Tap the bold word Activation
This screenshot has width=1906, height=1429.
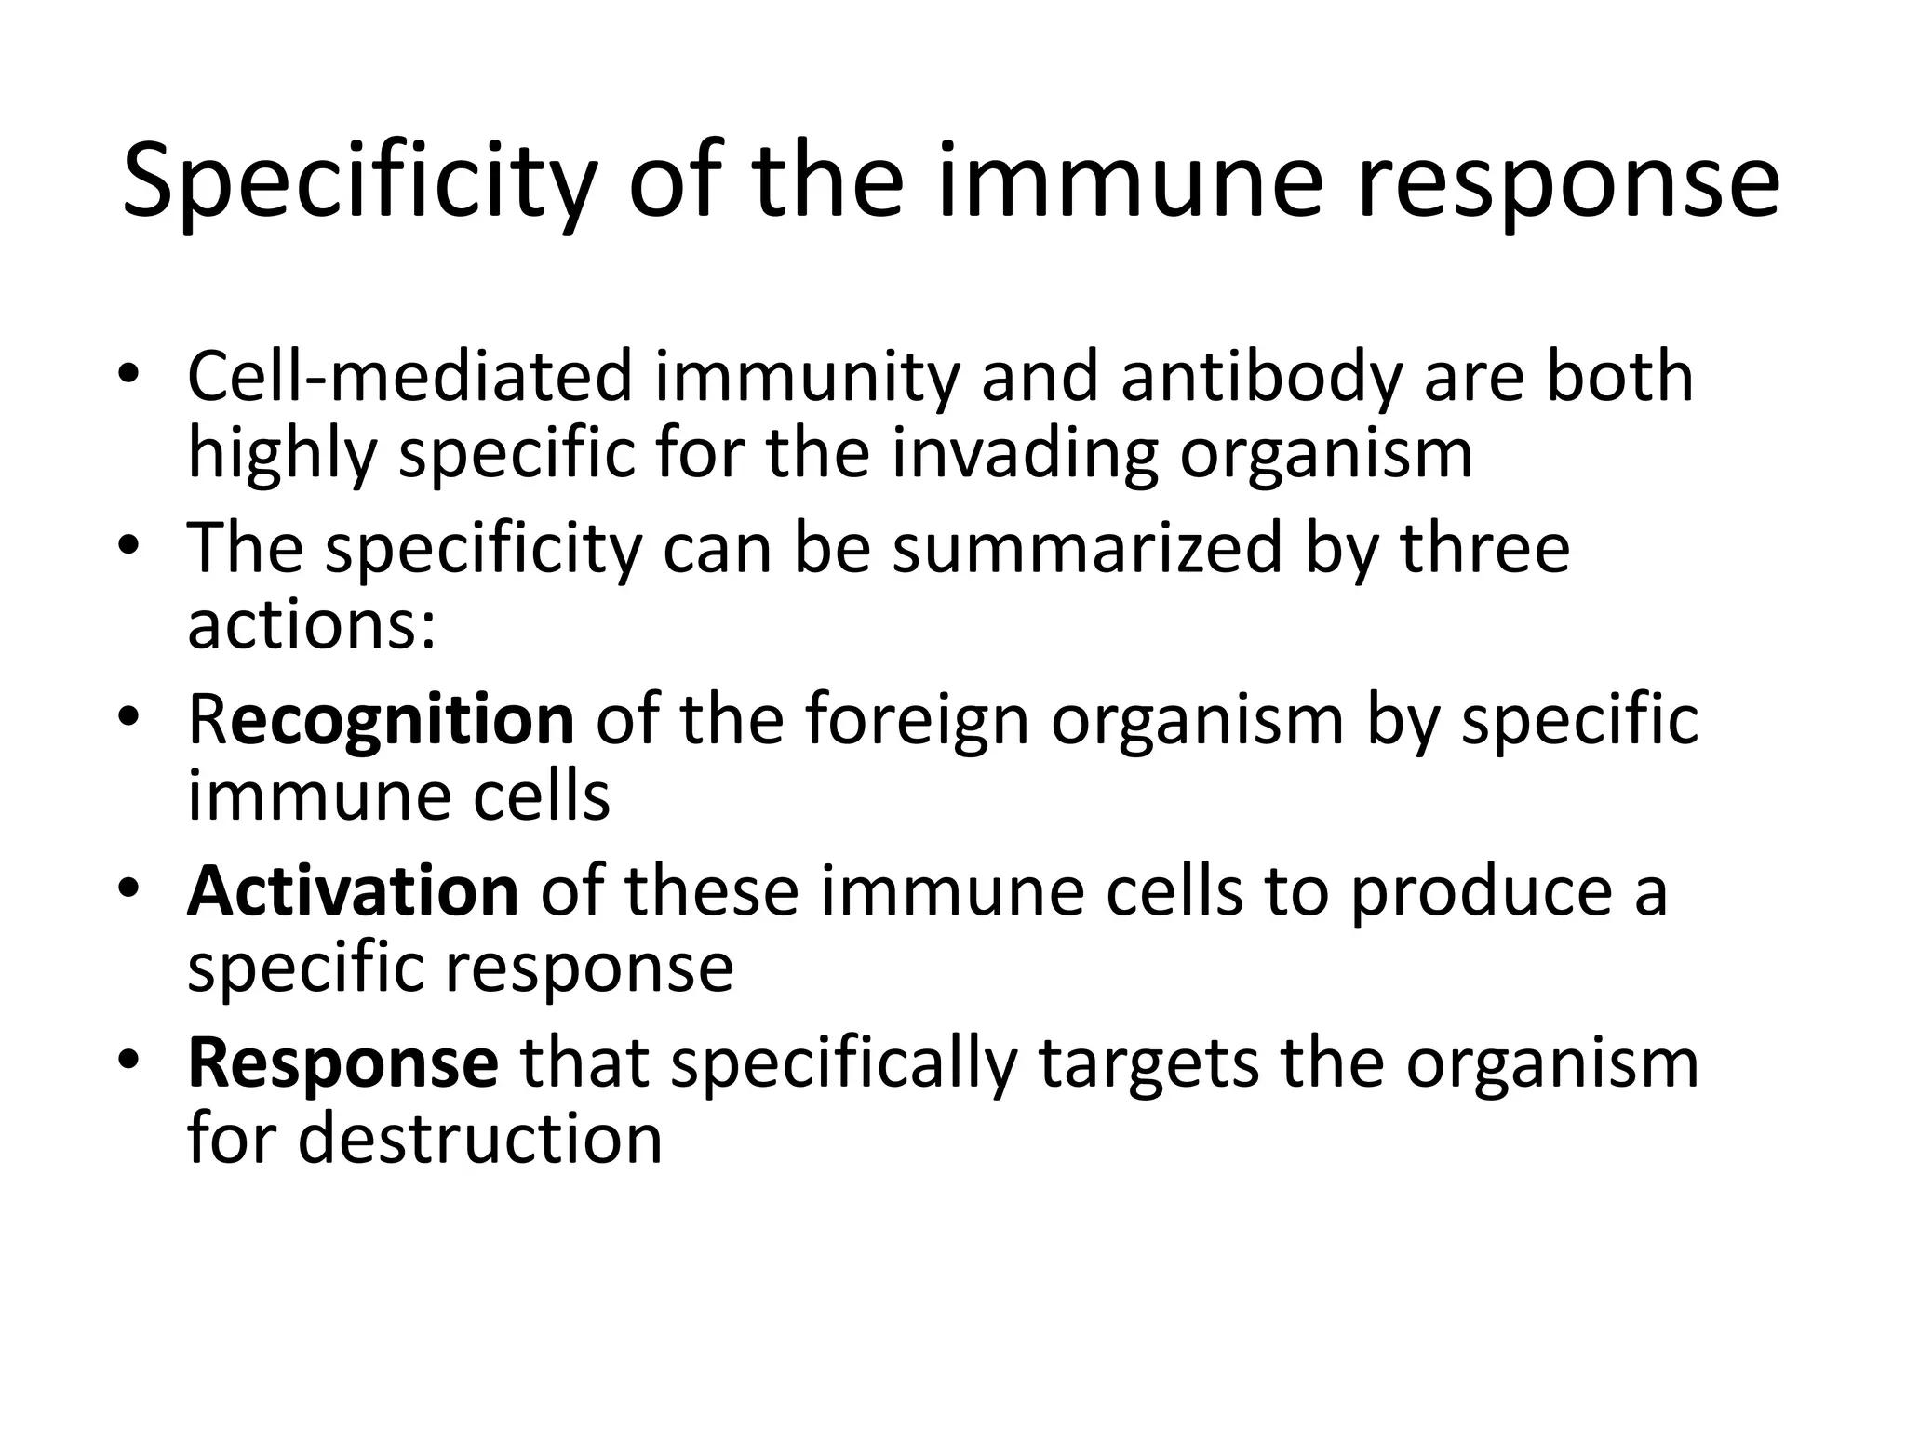[353, 891]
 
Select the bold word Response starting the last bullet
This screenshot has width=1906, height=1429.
[343, 1062]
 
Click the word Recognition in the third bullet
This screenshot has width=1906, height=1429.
[381, 720]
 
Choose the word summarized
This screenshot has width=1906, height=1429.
[1088, 548]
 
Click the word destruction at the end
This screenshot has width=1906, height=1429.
[479, 1139]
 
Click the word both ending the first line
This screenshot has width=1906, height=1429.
[1619, 377]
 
